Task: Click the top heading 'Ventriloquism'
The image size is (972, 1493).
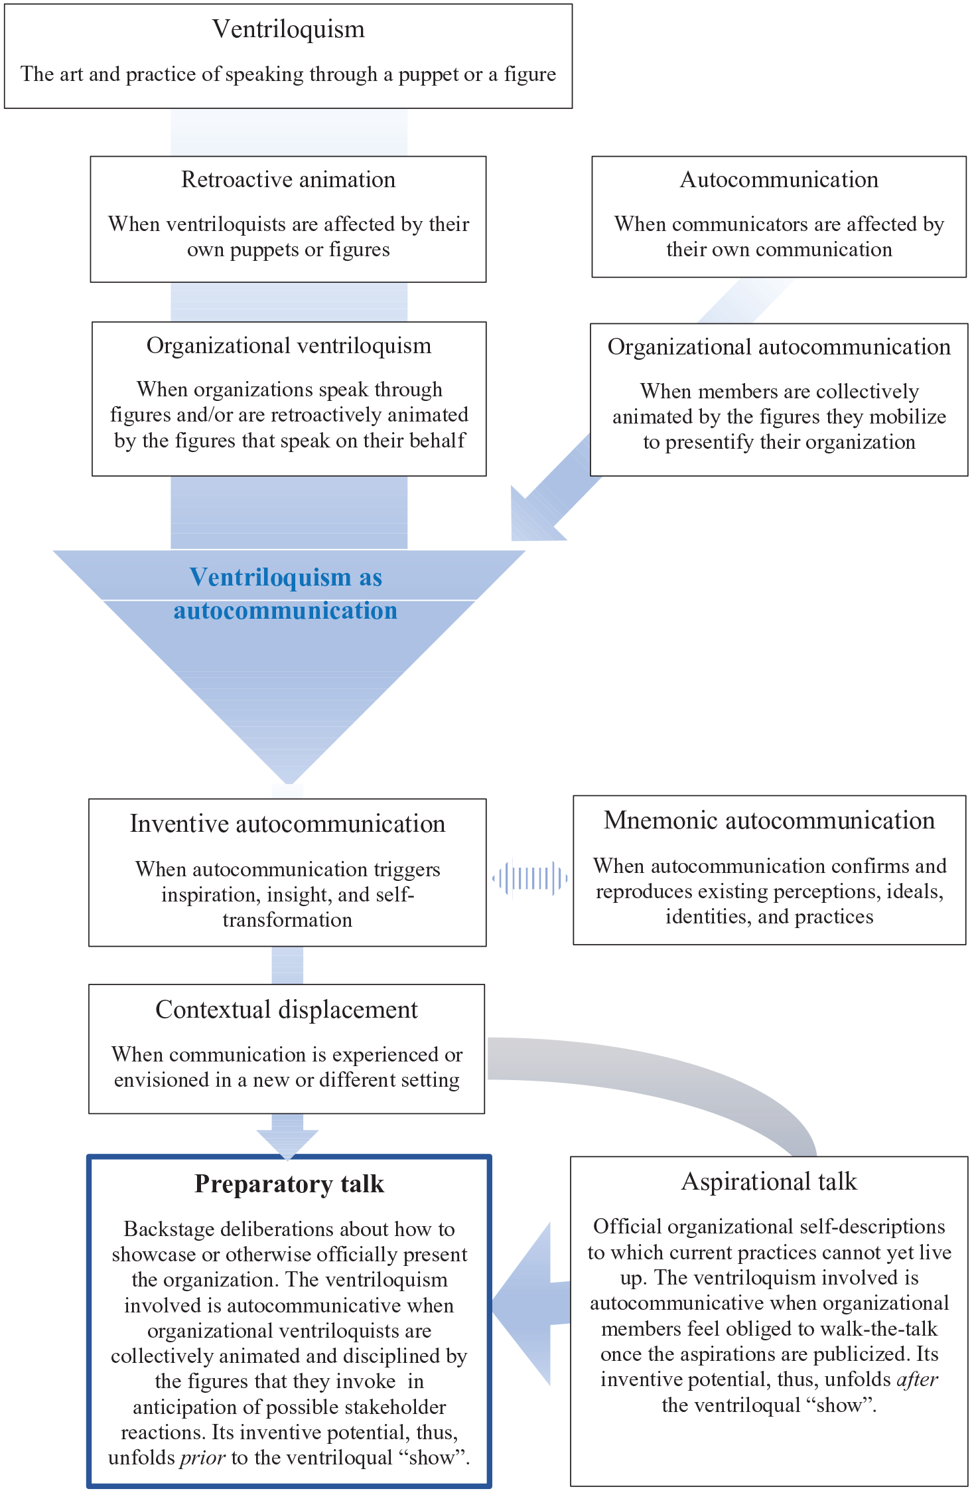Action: pyautogui.click(x=289, y=29)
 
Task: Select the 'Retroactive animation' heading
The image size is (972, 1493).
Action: pyautogui.click(x=289, y=179)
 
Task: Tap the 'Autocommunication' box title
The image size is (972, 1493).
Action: pyautogui.click(x=779, y=179)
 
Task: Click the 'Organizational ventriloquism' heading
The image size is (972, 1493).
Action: pyautogui.click(x=289, y=346)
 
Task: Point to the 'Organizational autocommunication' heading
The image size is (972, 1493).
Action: pyautogui.click(x=779, y=347)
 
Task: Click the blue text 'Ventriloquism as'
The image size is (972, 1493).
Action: pyautogui.click(x=286, y=578)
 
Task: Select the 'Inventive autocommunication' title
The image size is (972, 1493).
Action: pyautogui.click(x=287, y=824)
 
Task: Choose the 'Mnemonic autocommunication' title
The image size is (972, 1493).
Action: pyautogui.click(x=770, y=821)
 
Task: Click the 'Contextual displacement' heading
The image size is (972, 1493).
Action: pyautogui.click(x=287, y=1010)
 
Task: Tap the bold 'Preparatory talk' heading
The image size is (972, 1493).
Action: pyautogui.click(x=289, y=1184)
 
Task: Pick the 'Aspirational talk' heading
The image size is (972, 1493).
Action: pyautogui.click(x=770, y=1182)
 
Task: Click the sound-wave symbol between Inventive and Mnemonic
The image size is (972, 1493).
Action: pyautogui.click(x=529, y=878)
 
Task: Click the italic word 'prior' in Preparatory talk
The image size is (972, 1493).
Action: pyautogui.click(x=204, y=1458)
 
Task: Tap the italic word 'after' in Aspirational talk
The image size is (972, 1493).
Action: pyautogui.click(x=918, y=1379)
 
